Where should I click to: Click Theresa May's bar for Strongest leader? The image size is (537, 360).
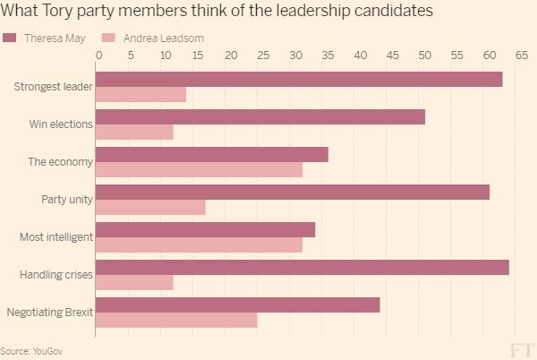299,79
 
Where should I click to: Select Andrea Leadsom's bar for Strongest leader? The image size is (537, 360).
141,94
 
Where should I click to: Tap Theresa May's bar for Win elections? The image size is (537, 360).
260,116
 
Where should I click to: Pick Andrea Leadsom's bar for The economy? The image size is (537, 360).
199,169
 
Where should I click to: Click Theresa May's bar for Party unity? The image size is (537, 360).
293,192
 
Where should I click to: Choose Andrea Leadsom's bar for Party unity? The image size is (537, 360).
150,207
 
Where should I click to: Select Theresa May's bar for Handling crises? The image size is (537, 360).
303,267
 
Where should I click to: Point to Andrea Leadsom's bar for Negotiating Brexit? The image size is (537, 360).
176,320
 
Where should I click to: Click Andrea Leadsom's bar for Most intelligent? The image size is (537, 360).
199,244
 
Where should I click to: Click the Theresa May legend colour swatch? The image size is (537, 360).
10,38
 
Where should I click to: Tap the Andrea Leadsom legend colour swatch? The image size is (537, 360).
109,38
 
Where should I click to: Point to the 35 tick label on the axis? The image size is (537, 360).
328,55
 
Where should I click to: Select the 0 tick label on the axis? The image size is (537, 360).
98,55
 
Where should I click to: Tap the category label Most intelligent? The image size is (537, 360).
55,237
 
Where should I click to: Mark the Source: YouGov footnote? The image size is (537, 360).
28,350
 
